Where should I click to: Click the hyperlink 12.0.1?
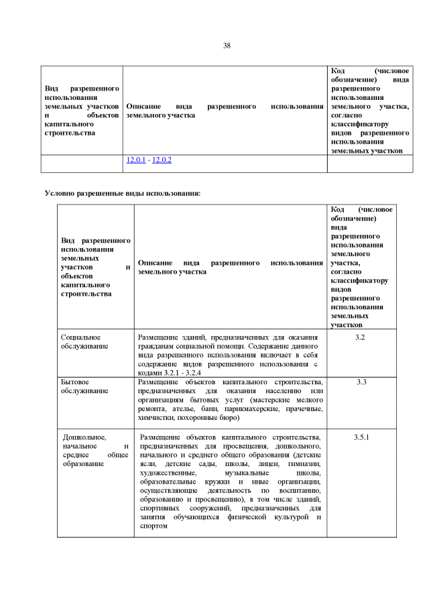point(135,160)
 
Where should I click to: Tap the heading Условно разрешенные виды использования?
point(123,193)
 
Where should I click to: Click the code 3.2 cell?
point(360,337)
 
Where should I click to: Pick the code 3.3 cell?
point(361,382)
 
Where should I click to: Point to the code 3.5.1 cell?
point(361,437)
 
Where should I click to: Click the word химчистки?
point(156,417)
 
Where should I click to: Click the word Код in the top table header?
point(339,71)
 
